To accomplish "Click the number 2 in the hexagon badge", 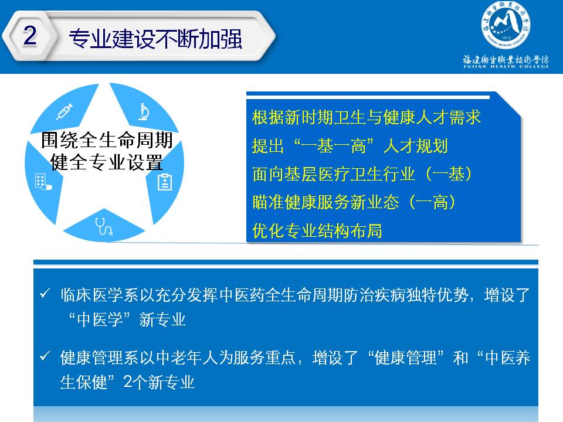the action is tap(30, 35).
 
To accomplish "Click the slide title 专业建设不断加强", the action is tap(155, 39).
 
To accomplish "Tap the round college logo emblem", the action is tap(506, 25).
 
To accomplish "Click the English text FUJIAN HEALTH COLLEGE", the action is tap(506, 66).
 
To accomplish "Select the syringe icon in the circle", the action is tap(65, 111).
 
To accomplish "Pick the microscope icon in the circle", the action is tap(144, 111).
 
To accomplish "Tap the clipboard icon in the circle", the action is tap(165, 182).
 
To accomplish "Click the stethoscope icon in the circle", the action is tap(104, 226).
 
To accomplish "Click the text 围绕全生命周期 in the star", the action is tap(107, 140).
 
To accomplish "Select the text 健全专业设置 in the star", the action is tap(107, 162).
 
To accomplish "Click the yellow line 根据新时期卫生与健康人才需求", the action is tap(366, 117).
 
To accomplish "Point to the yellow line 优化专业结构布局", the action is tap(317, 230).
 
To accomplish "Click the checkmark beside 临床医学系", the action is tap(45, 293).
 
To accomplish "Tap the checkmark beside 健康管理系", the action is tap(45, 356).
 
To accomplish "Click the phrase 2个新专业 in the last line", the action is tap(159, 382).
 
